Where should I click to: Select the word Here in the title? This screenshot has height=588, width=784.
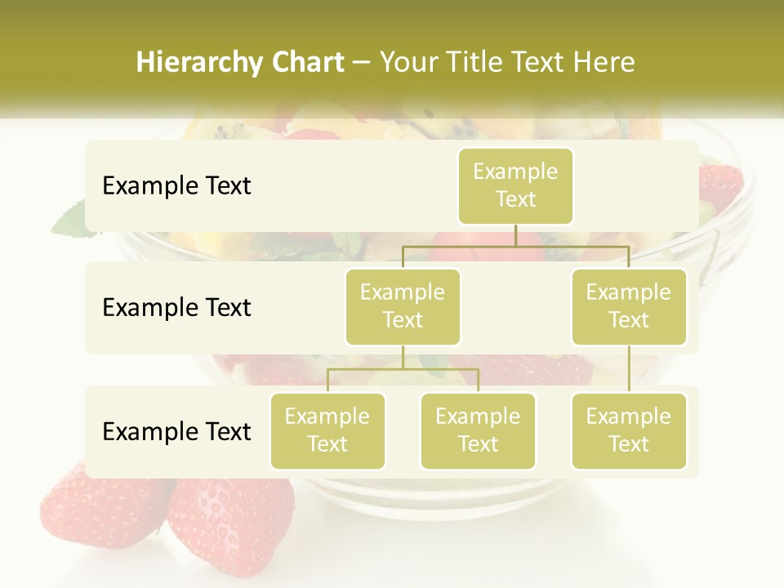click(x=604, y=63)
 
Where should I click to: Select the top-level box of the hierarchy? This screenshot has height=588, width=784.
click(x=515, y=186)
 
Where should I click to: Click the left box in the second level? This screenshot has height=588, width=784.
click(x=403, y=307)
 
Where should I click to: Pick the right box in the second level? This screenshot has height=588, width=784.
click(x=629, y=307)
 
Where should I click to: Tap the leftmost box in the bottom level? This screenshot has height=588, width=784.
click(x=327, y=431)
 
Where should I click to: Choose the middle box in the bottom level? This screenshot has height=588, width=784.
click(x=478, y=431)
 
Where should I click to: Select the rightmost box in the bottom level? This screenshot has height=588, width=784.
click(x=629, y=431)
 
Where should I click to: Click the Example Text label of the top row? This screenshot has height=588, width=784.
click(x=176, y=186)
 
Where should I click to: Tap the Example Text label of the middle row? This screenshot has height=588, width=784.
click(x=176, y=308)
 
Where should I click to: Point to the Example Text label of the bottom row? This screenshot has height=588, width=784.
click(x=176, y=431)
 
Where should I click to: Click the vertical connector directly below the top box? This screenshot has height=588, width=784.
click(x=515, y=235)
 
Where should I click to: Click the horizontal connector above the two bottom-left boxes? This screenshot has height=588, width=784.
click(x=403, y=369)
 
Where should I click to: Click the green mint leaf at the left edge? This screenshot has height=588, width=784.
click(x=72, y=219)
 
